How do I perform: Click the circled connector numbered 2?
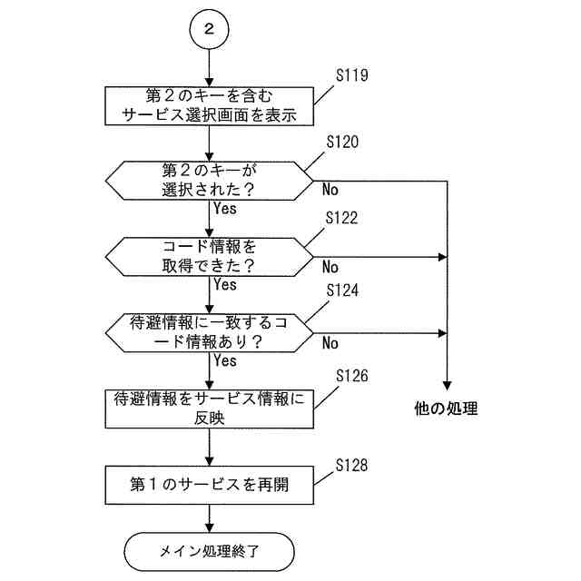click(210, 30)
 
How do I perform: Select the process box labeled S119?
click(210, 105)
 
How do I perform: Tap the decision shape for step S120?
click(210, 181)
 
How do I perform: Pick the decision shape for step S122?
click(210, 257)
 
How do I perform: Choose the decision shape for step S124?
click(210, 333)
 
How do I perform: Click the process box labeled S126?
click(210, 409)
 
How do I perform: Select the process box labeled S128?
click(210, 484)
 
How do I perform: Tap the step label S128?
click(351, 466)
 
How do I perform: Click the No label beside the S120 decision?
click(330, 192)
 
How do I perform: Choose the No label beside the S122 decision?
click(330, 268)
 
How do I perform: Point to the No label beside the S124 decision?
click(330, 344)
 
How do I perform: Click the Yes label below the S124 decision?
click(225, 360)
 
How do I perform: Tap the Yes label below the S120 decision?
click(225, 208)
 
